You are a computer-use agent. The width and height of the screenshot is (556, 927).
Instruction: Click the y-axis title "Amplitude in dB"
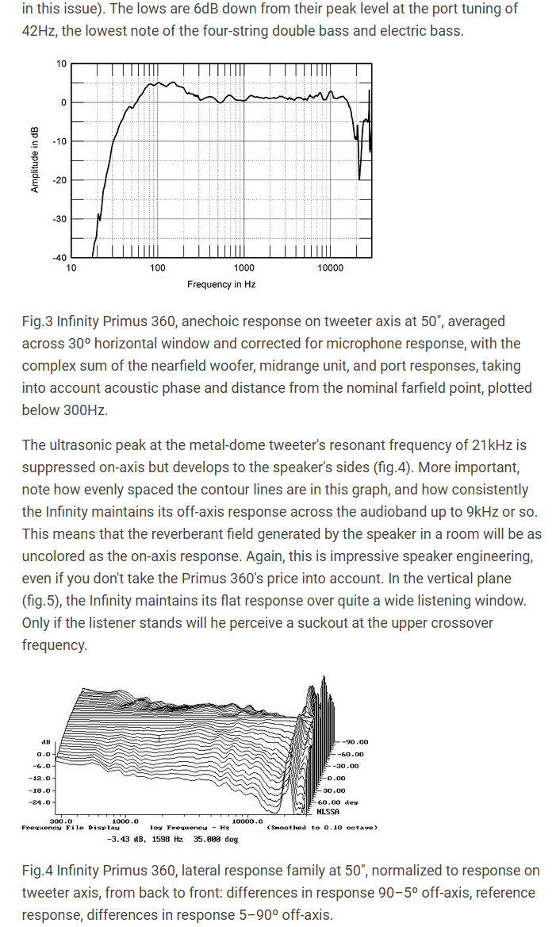(35, 160)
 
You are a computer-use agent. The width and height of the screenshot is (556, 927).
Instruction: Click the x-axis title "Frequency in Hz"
(221, 284)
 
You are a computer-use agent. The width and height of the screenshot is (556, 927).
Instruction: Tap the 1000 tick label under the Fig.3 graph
(243, 268)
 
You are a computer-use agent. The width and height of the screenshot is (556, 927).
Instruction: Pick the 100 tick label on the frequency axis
(157, 268)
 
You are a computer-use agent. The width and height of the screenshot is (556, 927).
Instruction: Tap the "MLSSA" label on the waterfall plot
(328, 812)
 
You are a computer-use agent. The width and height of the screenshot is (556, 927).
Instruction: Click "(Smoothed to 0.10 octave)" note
(323, 827)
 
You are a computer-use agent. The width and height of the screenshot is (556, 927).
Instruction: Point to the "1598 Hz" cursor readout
(167, 838)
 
